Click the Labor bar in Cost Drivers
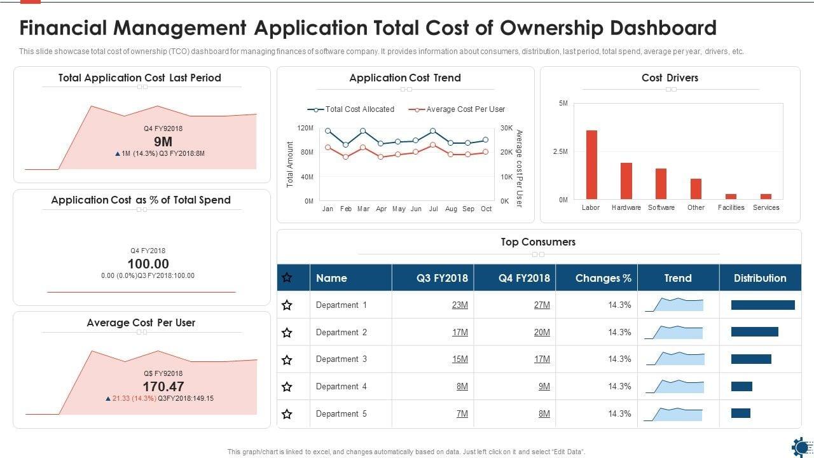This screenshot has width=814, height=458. point(591,165)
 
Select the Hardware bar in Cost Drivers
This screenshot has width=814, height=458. point(626,181)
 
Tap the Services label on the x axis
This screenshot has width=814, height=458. point(766,207)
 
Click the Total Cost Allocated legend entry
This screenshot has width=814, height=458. point(351,109)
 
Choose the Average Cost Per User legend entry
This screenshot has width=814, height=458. point(457,109)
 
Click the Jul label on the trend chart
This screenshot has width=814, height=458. point(433,209)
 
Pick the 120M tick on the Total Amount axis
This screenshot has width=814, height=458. point(305,128)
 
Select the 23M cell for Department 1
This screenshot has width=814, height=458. point(460,305)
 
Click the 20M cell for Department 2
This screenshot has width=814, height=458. point(542,332)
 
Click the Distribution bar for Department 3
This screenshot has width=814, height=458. point(751,359)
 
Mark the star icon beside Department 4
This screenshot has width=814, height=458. point(287,387)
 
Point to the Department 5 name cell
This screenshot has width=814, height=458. point(341,413)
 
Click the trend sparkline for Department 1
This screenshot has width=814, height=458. point(675,304)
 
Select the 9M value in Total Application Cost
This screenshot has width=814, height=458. point(163,142)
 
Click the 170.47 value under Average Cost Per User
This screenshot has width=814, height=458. point(163,386)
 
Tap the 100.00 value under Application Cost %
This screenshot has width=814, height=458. point(148,264)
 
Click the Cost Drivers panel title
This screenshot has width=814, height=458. point(670,78)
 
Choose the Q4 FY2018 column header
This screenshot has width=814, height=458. point(525,278)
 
